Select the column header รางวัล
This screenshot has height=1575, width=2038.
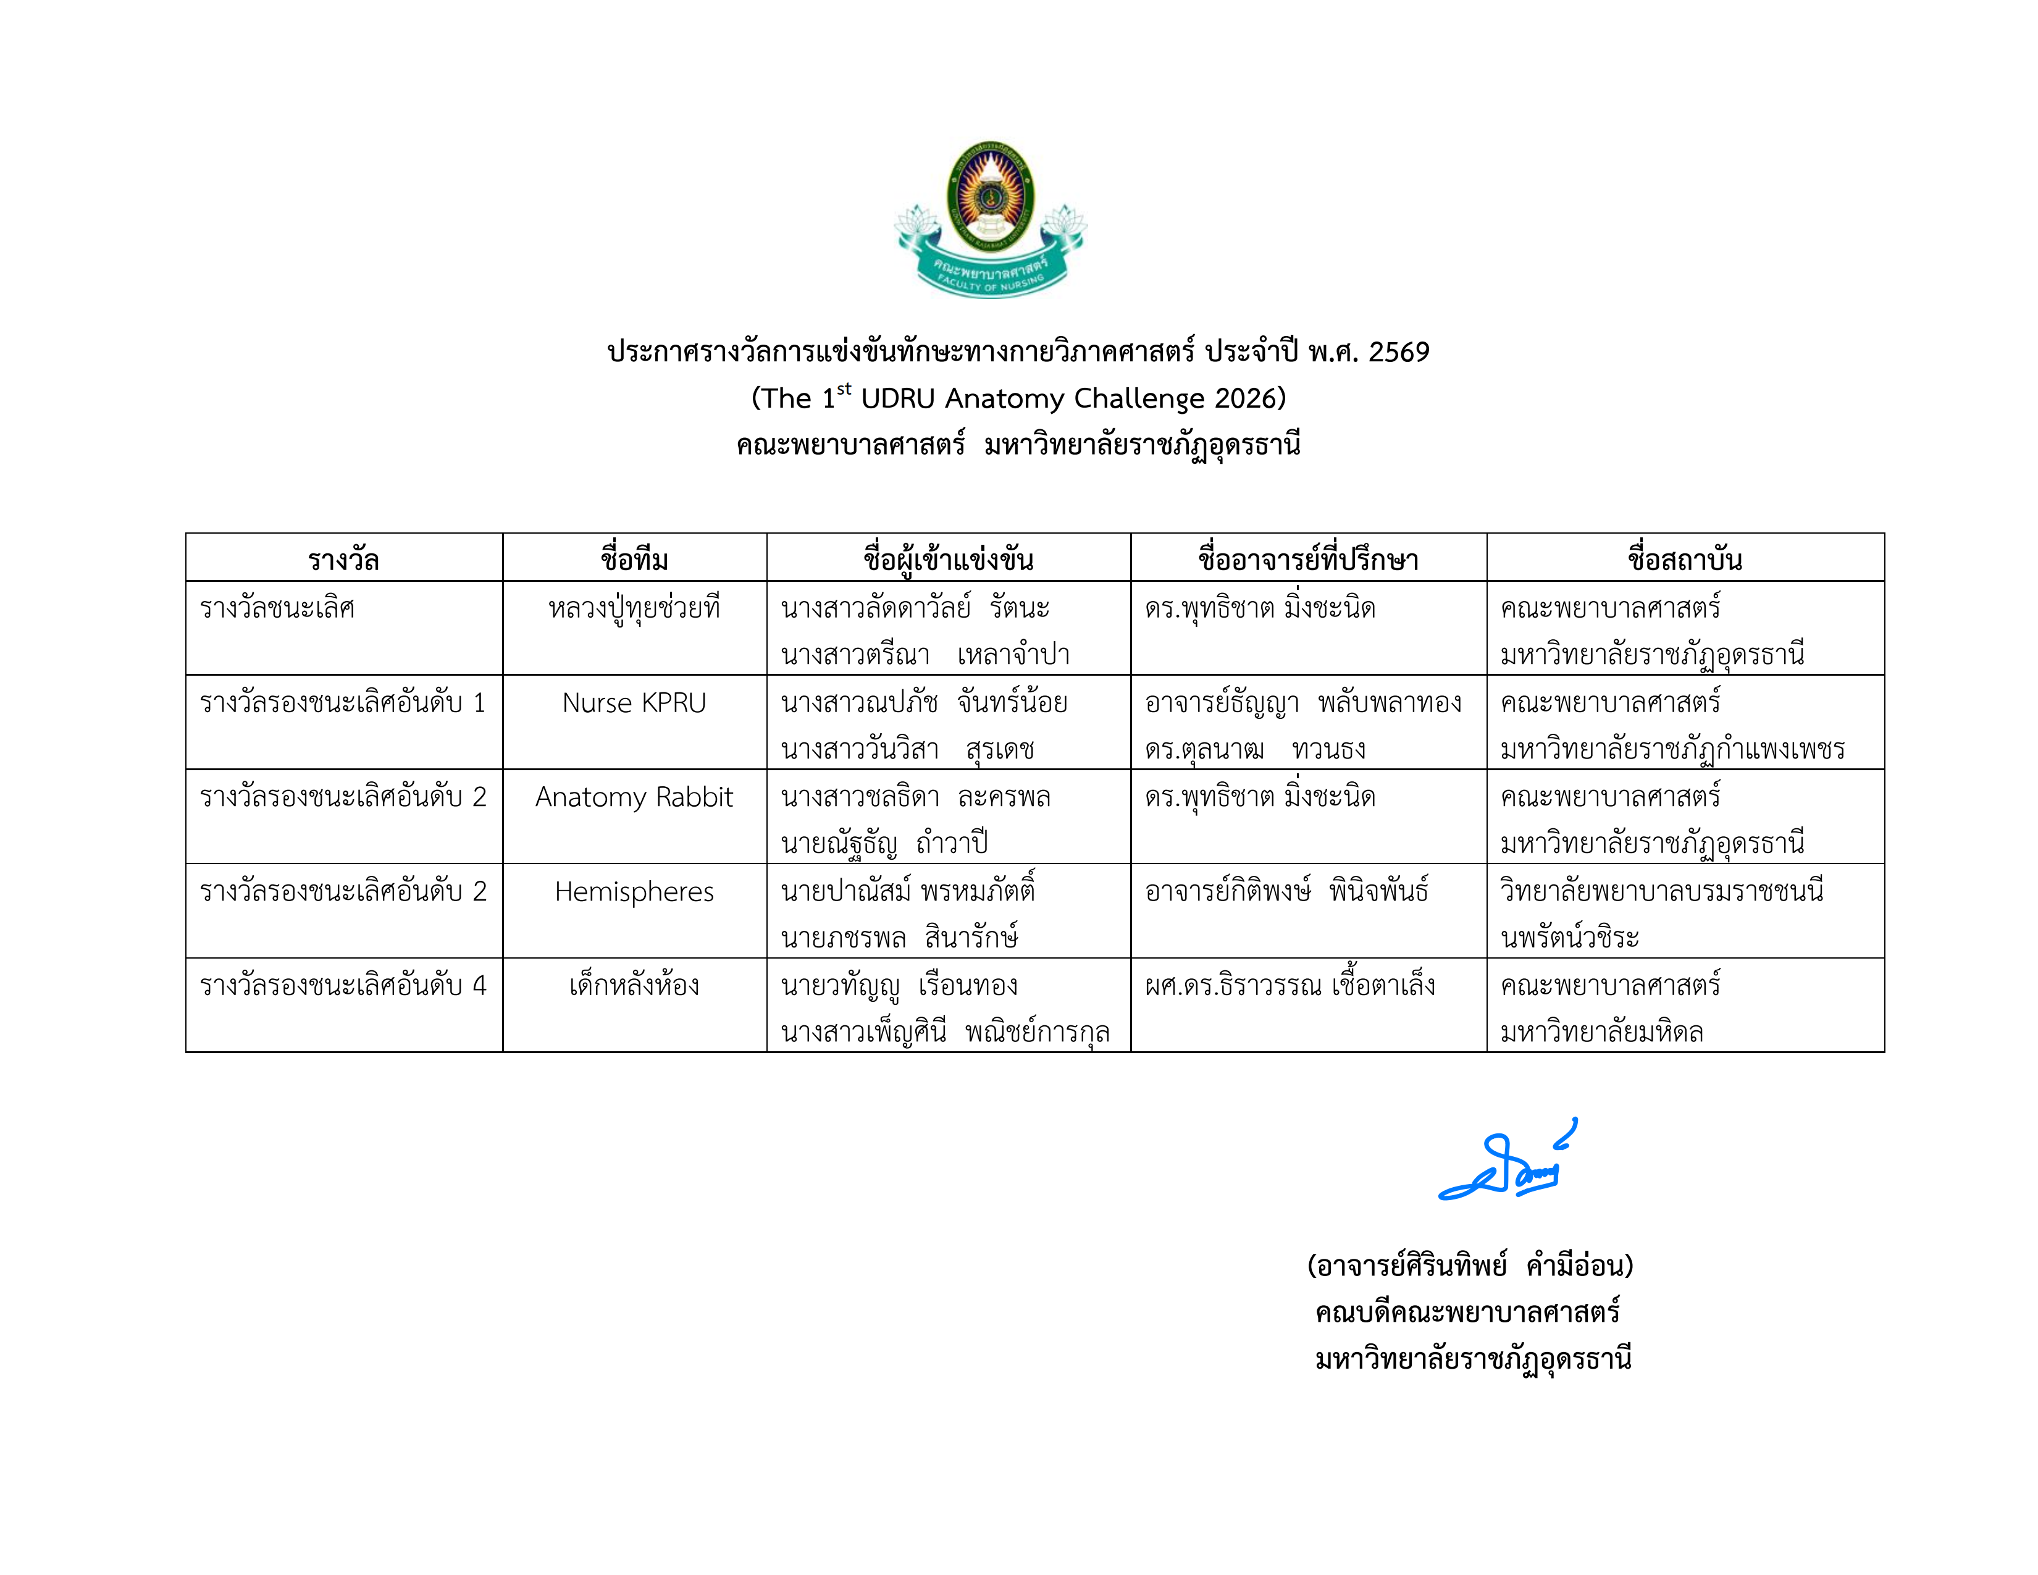point(343,560)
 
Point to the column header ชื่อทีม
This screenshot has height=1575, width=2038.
point(634,560)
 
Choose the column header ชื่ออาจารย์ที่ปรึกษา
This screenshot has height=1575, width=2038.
point(1307,560)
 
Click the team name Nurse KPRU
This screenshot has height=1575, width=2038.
point(634,703)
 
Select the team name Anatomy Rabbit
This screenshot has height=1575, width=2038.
point(634,797)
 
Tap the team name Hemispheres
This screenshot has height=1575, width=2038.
point(634,891)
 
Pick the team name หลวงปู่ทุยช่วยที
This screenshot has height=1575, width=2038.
point(634,609)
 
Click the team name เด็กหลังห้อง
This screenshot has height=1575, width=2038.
point(634,985)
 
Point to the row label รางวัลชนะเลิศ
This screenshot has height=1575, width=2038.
point(277,608)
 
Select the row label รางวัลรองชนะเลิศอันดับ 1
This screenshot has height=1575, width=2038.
point(343,703)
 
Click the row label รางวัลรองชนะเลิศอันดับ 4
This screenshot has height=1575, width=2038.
point(343,985)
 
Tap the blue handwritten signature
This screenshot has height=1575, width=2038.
point(1507,1162)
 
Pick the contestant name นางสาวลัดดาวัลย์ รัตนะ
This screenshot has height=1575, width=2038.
point(915,608)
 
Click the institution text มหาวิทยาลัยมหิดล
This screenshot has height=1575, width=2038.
point(1601,1032)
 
